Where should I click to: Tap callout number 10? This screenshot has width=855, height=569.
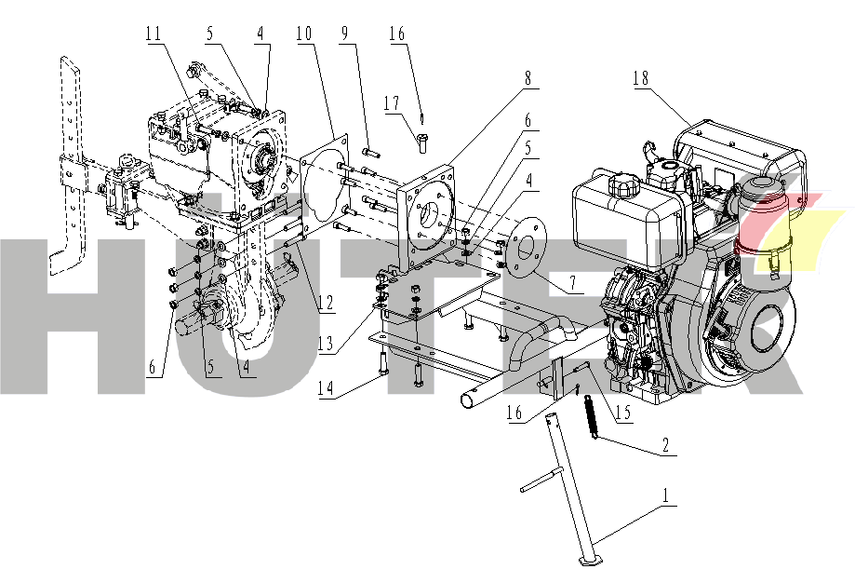point(303,34)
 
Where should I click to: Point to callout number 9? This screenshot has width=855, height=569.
point(346,34)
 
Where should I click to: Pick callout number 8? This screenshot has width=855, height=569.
point(528,79)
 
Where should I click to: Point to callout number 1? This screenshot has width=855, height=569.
point(666,499)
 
